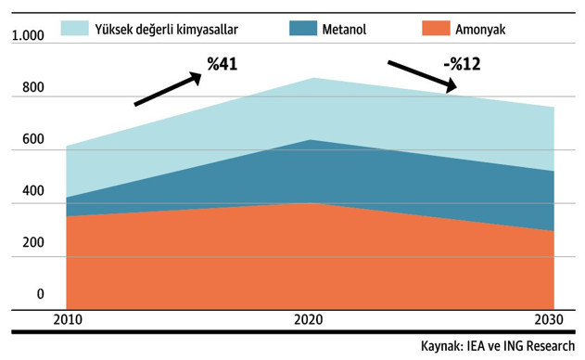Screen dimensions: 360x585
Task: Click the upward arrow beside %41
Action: pyautogui.click(x=168, y=89)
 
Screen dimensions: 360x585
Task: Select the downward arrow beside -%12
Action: pyautogui.click(x=423, y=76)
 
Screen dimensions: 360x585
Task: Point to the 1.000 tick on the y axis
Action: pyautogui.click(x=28, y=36)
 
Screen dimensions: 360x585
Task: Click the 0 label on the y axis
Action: pyautogui.click(x=40, y=294)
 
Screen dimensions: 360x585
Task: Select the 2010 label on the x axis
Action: pyautogui.click(x=68, y=320)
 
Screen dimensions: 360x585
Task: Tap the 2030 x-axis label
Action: pyautogui.click(x=552, y=320)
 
